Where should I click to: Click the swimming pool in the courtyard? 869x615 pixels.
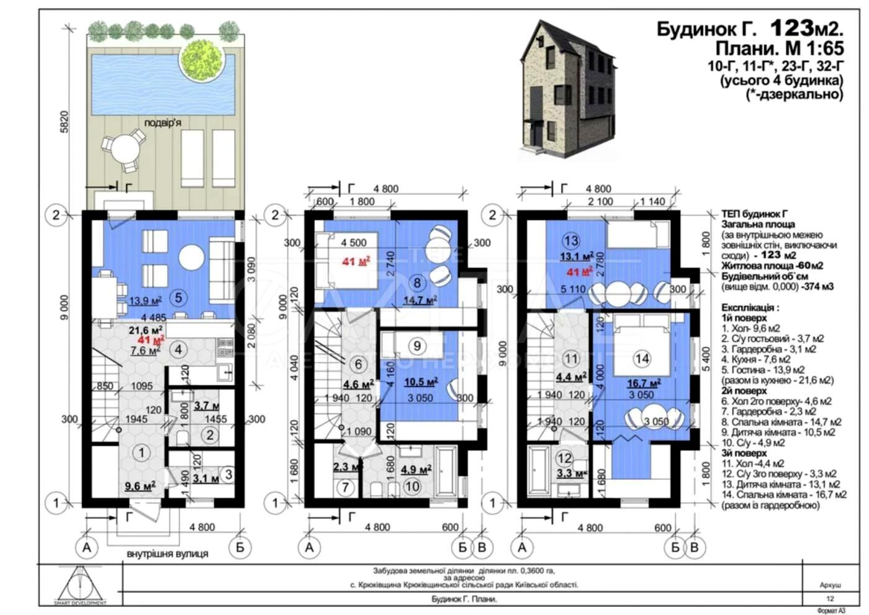point(143,84)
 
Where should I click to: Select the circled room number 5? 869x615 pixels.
point(178,298)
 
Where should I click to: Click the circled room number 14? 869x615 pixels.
point(642,358)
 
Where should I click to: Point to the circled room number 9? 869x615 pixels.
point(417,346)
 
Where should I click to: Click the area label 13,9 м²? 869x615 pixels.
point(145,301)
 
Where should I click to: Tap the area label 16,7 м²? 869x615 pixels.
point(642,383)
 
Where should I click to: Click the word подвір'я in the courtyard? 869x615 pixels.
point(163,123)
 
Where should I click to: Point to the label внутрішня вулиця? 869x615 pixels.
point(168,553)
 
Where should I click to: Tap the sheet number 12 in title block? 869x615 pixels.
point(830,599)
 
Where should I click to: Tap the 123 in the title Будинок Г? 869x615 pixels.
point(791,28)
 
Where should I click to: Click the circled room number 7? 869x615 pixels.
point(346,488)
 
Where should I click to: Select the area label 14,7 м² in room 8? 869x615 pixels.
point(420,299)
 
